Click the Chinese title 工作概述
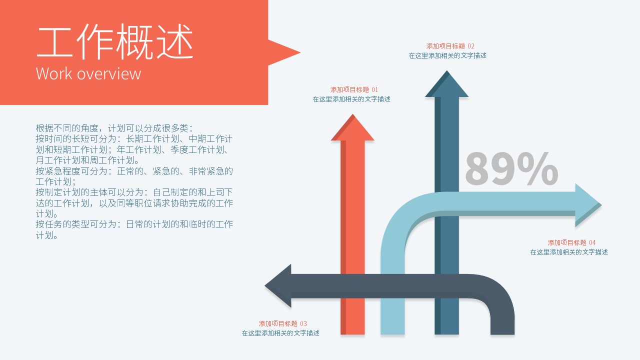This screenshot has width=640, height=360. [x=114, y=43]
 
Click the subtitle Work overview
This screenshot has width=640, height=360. [x=88, y=73]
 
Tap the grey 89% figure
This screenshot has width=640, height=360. [x=511, y=169]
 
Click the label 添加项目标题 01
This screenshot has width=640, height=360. [x=354, y=89]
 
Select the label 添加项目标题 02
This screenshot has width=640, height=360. [x=450, y=46]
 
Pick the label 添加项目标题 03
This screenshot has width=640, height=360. [x=283, y=323]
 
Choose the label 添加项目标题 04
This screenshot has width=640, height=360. [x=571, y=242]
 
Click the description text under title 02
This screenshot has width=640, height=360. [x=447, y=55]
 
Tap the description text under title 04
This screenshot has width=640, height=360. [x=569, y=252]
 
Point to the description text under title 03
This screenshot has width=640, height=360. [x=280, y=333]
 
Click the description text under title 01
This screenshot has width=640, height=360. [x=351, y=99]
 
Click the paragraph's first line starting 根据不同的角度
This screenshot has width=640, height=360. [x=114, y=128]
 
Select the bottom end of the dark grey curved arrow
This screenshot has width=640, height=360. [x=502, y=330]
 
